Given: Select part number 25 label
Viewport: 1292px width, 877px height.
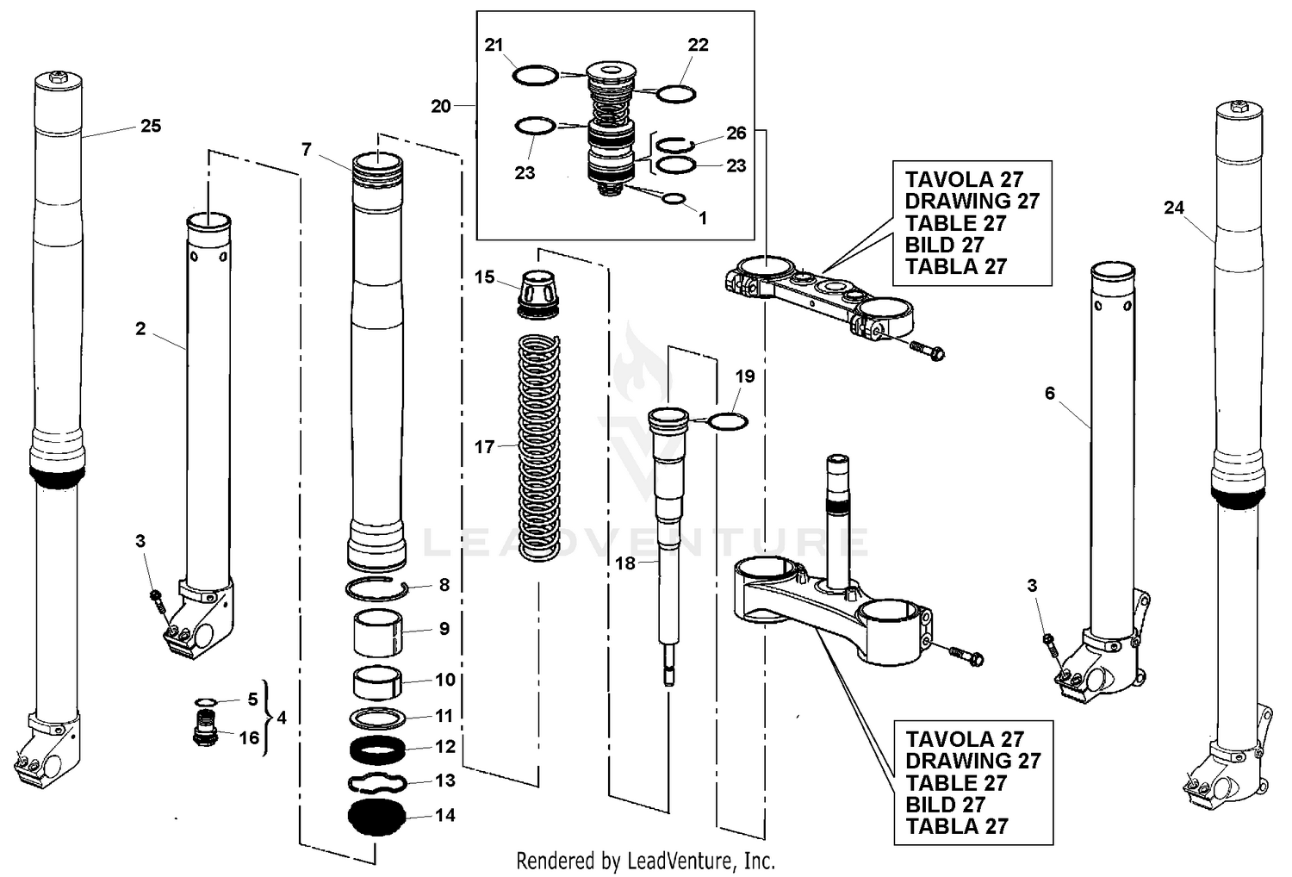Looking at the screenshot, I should tap(151, 127).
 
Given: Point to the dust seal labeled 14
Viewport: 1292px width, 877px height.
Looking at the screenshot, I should tap(376, 816).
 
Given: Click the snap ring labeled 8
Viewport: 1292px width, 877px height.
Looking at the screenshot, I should tap(376, 588).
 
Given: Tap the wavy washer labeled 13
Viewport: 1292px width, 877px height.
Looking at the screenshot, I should tap(376, 781).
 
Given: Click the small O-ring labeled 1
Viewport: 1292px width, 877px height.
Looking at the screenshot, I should tap(674, 200).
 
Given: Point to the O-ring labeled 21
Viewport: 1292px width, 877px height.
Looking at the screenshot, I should tap(535, 76).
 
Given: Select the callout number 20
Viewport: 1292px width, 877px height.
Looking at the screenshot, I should tap(441, 106).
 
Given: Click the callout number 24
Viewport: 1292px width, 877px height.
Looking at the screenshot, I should tap(1173, 208).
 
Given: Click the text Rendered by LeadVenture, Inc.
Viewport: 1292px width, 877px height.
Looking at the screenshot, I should tap(645, 860).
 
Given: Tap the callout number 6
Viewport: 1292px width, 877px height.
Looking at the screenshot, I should tap(1049, 394).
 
